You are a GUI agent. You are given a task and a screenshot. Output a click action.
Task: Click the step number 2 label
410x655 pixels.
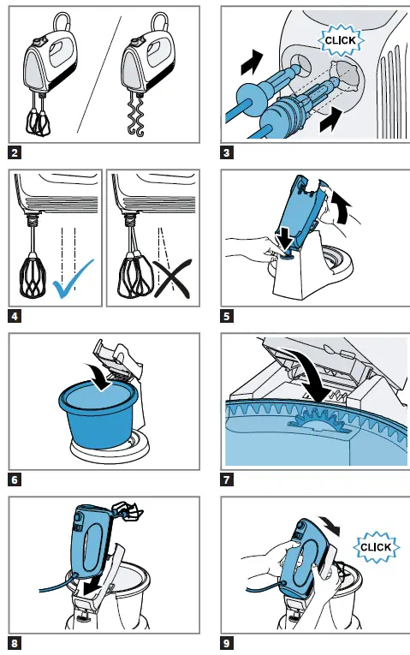click(x=15, y=152)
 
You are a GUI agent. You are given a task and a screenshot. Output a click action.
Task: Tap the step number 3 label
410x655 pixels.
click(x=226, y=152)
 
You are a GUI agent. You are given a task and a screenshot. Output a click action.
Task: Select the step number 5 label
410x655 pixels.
click(x=226, y=316)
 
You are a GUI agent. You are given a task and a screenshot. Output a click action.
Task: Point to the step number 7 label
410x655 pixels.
click(x=226, y=479)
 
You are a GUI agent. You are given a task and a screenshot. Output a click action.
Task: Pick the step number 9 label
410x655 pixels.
click(x=226, y=643)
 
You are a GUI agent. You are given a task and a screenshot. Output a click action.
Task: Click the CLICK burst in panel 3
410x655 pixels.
click(x=341, y=40)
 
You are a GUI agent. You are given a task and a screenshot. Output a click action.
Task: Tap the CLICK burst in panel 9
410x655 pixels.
click(x=376, y=547)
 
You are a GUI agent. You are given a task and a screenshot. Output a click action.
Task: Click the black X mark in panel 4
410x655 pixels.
click(x=172, y=278)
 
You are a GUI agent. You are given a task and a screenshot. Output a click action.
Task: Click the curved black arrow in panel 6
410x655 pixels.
click(x=99, y=377)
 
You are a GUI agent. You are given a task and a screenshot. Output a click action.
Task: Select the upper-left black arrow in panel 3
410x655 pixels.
click(x=253, y=63)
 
